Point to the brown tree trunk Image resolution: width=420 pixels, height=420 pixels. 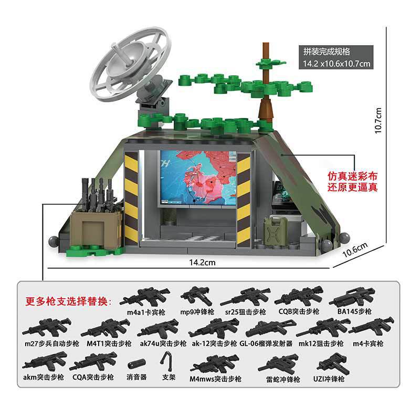click(x=266, y=89)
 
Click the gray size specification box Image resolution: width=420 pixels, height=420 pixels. click(x=336, y=58)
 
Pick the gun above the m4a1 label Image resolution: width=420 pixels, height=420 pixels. click(x=145, y=296)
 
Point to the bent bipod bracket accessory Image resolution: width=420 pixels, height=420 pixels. click(x=169, y=360)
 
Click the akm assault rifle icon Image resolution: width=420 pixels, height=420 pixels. click(x=45, y=361)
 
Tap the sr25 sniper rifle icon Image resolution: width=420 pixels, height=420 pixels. click(x=245, y=297)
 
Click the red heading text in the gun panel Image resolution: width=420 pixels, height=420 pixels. click(x=69, y=302)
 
